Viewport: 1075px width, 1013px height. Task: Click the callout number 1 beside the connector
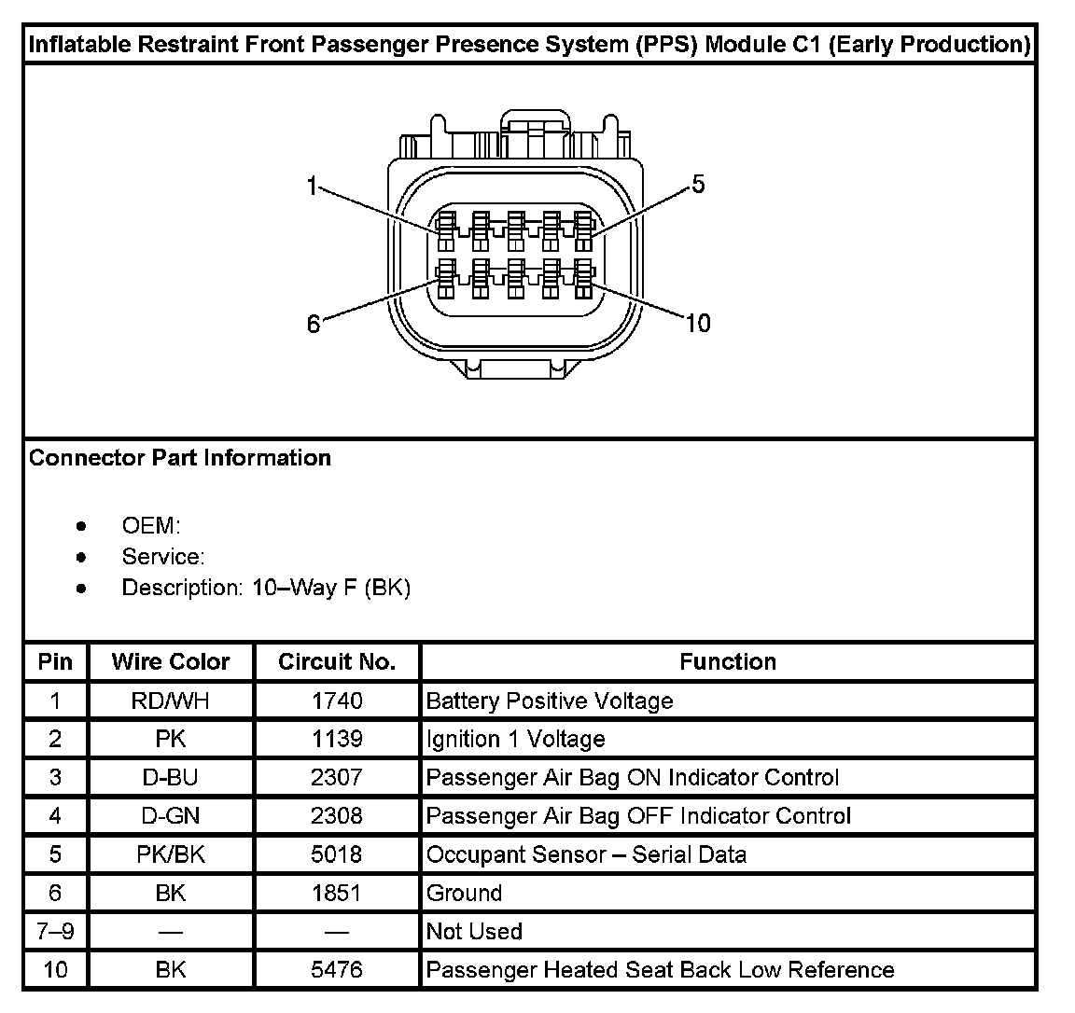313,187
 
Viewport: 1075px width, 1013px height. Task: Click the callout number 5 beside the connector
698,184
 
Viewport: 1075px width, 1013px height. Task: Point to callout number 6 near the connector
314,324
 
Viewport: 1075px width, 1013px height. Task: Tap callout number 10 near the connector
698,324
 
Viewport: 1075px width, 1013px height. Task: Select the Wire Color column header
170,661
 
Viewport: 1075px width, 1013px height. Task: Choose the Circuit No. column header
337,661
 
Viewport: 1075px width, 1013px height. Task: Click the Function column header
727,661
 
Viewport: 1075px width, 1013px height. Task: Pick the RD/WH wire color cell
170,701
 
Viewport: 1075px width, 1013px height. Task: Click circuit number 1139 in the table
337,739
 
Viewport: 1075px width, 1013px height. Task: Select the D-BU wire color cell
170,777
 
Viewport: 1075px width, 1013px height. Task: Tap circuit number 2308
337,815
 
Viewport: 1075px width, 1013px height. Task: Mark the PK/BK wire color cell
170,853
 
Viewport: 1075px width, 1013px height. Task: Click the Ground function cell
464,893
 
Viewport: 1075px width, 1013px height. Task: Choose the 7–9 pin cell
55,931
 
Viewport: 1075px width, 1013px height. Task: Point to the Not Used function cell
474,931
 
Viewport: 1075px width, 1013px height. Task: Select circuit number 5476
337,969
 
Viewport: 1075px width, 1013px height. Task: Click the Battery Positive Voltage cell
549,701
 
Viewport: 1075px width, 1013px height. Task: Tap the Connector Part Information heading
180,458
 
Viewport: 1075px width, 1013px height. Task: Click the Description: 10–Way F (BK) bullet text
266,588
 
